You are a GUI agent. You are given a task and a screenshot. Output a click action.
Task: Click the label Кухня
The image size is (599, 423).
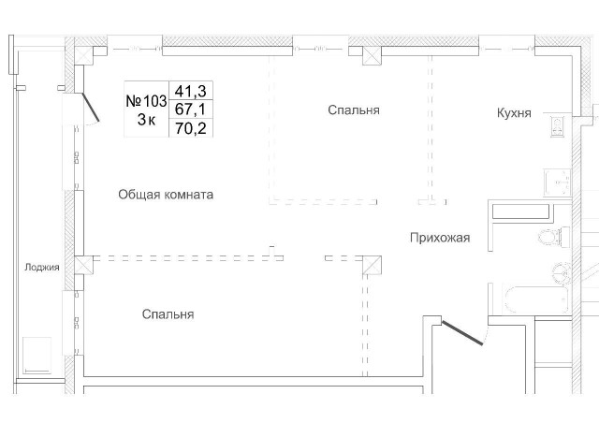(x=514, y=113)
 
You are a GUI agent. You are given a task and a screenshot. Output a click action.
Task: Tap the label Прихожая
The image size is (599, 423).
(x=439, y=238)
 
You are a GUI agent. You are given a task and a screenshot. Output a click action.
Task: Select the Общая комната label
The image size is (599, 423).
(x=166, y=195)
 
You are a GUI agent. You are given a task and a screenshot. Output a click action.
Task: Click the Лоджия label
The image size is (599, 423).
(x=42, y=267)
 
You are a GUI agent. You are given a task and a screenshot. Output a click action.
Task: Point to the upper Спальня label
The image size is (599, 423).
(x=353, y=110)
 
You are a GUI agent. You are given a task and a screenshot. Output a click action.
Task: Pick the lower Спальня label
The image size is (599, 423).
(x=168, y=314)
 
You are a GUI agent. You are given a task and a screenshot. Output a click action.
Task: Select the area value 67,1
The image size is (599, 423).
(x=184, y=109)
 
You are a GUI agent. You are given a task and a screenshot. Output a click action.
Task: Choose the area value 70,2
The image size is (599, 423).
(x=184, y=128)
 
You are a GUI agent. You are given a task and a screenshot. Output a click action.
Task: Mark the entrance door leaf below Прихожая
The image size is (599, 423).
(x=462, y=332)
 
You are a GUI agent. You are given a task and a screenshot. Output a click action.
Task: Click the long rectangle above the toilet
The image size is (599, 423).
(x=525, y=210)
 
